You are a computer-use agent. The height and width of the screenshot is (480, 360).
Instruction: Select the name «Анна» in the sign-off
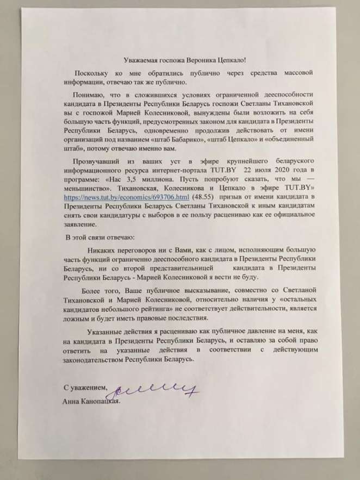click(x=69, y=402)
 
